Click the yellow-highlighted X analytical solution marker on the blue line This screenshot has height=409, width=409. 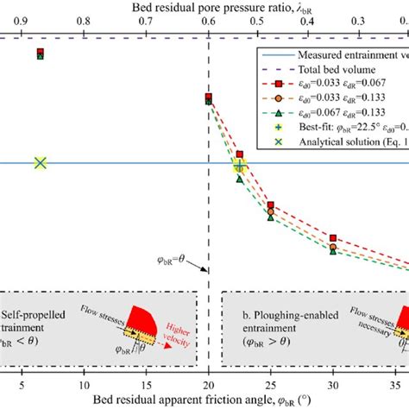tap(40, 163)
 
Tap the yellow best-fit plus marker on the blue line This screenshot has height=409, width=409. tap(240, 164)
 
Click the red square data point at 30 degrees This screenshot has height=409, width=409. tap(333, 236)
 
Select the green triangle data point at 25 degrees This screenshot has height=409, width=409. tap(271, 217)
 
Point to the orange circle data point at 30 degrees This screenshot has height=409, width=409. tap(333, 247)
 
